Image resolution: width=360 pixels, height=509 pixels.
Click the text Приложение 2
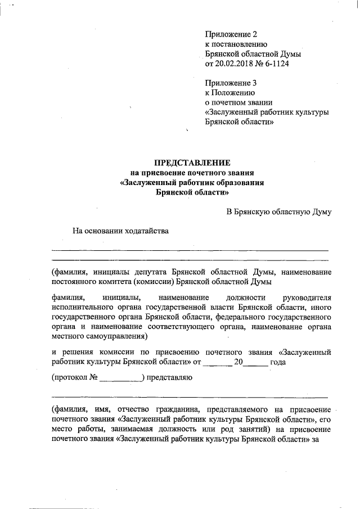tap(231, 34)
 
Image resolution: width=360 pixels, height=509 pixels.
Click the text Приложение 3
tap(231, 82)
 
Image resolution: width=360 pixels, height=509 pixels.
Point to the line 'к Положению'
tap(231, 92)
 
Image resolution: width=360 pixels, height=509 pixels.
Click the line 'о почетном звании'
tap(239, 102)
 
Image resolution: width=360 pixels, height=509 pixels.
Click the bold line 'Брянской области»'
tap(192, 192)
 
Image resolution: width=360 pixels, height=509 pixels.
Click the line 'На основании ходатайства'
tap(120, 229)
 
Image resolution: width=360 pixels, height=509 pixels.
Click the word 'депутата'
tap(151, 272)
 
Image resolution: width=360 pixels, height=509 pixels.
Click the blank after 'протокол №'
tap(120, 379)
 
